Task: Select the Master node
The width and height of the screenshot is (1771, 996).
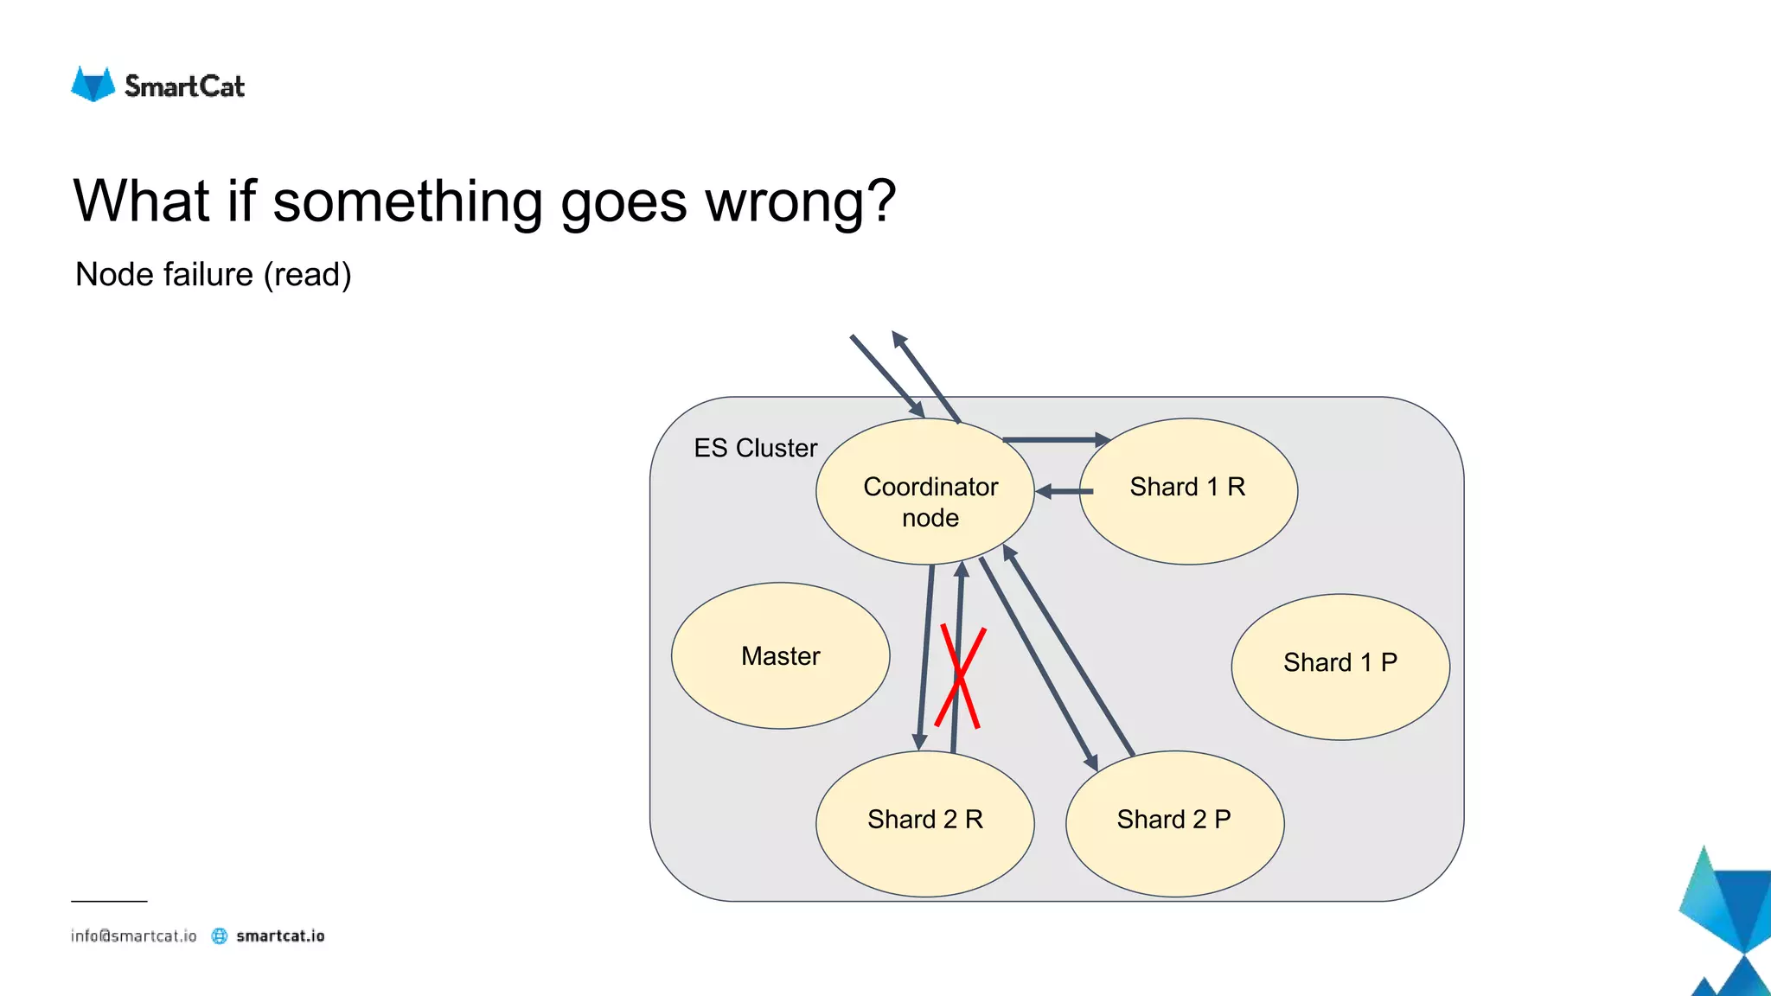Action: click(x=780, y=655)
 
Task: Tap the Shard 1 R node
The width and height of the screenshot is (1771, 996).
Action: click(x=1188, y=491)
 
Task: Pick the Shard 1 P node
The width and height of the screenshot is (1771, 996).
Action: click(x=1339, y=666)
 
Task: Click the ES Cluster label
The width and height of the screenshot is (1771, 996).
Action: click(x=755, y=448)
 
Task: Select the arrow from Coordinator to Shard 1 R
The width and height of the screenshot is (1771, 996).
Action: click(x=1055, y=440)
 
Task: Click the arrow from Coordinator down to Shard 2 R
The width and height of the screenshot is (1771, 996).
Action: click(x=925, y=657)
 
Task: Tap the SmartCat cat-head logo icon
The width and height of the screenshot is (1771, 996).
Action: click(x=93, y=85)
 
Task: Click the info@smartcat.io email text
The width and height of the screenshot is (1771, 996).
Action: click(x=134, y=935)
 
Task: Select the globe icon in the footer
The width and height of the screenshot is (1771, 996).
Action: click(x=220, y=935)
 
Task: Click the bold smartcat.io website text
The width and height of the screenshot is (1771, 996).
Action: click(x=280, y=935)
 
